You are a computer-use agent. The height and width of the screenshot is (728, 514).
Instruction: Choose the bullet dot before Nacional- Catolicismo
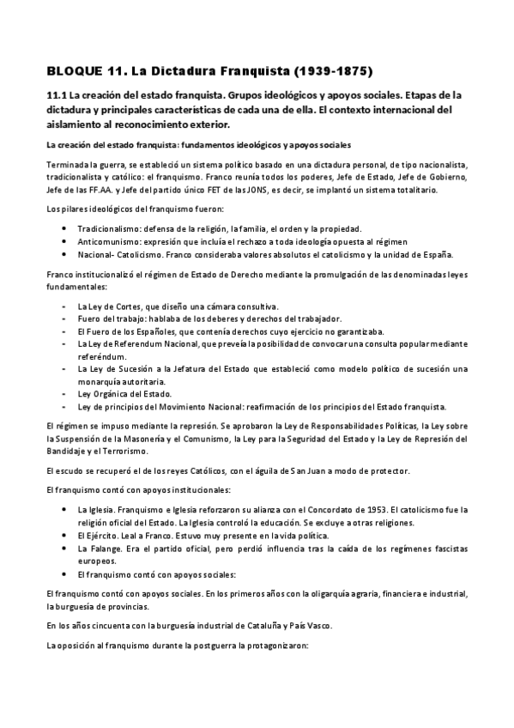point(67,254)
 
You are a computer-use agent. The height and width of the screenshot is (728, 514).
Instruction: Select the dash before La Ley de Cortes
point(67,306)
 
